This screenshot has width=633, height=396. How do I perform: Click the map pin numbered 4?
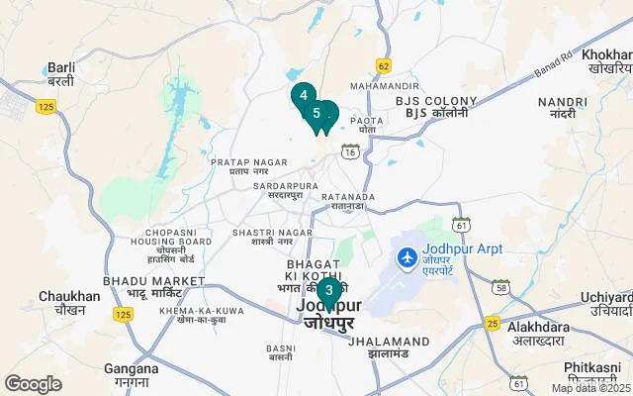click(x=303, y=95)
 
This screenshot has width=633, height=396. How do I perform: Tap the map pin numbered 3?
click(x=328, y=291)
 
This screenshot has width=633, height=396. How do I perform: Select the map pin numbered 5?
click(x=316, y=113)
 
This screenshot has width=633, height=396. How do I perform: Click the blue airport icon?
click(x=406, y=257)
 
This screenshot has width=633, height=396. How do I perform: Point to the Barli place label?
click(x=61, y=74)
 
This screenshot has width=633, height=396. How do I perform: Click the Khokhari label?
click(x=605, y=60)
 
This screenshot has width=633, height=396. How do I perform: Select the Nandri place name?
click(x=556, y=108)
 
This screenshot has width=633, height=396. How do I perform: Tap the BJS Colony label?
click(x=432, y=107)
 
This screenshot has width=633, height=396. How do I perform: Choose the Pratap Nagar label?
click(x=242, y=165)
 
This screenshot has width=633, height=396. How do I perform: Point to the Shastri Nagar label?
click(x=258, y=237)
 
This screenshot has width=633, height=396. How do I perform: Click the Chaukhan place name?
click(x=69, y=302)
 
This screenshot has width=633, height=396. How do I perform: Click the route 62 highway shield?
click(x=384, y=66)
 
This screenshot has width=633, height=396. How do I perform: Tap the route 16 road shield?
click(x=350, y=151)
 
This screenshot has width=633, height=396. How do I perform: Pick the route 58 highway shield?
click(x=501, y=287)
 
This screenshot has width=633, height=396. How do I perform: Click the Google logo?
click(x=33, y=384)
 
